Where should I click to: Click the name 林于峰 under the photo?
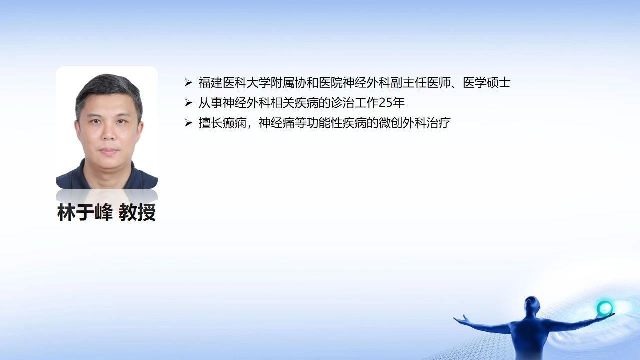click(85, 213)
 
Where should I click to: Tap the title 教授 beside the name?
click(137, 213)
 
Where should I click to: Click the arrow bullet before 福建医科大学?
click(188, 83)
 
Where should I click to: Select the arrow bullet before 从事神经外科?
click(188, 103)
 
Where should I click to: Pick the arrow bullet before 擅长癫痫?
click(188, 123)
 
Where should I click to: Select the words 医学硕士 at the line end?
click(487, 83)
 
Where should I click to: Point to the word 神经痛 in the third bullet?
click(276, 123)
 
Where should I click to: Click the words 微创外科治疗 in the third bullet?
click(414, 123)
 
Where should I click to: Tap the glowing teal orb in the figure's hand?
click(605, 308)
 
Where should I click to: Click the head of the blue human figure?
click(532, 305)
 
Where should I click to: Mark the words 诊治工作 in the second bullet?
click(355, 103)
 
